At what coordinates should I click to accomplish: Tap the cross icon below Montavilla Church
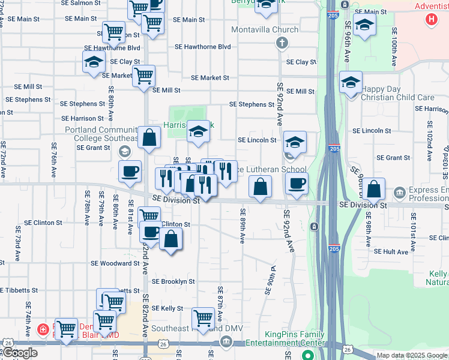point(281,43)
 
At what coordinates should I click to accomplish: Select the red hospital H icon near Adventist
point(430,19)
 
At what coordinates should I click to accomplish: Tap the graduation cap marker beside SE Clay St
point(94,62)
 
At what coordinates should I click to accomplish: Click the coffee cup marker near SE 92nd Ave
point(297,184)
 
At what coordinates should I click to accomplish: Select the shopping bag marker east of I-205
point(373,189)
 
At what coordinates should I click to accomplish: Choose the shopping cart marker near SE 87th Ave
point(203,318)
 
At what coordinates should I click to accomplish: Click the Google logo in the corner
point(20,353)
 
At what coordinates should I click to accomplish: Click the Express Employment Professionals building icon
point(399,193)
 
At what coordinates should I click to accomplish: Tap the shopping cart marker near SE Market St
point(143,76)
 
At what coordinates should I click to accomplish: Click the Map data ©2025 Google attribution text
point(412,355)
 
